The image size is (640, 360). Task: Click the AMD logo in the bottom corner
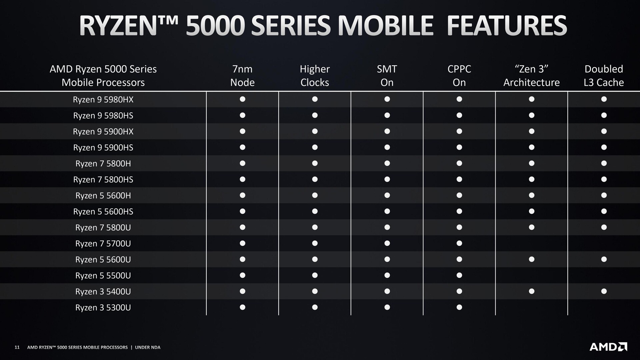click(x=608, y=347)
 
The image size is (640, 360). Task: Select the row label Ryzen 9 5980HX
click(x=103, y=99)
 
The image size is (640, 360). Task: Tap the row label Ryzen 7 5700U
click(x=103, y=243)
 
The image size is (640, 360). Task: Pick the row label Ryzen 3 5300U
click(x=103, y=307)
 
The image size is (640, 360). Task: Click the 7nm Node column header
click(x=242, y=75)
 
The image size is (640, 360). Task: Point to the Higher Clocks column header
click(x=315, y=75)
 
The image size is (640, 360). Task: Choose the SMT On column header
click(x=387, y=75)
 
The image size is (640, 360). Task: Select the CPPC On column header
click(x=459, y=75)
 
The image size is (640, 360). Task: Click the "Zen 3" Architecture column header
click(x=532, y=75)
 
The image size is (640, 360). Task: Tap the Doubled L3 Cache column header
click(x=604, y=75)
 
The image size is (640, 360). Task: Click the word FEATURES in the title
click(x=507, y=26)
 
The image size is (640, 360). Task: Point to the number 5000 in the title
click(x=215, y=26)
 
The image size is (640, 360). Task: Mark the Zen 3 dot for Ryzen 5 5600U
click(x=532, y=259)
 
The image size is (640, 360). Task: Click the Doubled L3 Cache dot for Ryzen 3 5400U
click(x=604, y=291)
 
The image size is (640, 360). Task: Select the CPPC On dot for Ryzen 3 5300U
click(x=459, y=307)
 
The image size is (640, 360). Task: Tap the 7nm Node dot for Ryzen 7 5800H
click(x=243, y=163)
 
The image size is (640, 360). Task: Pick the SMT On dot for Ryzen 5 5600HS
click(x=387, y=211)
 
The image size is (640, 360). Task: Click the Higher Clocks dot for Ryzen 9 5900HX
click(x=315, y=131)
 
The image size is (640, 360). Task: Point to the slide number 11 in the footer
click(x=17, y=347)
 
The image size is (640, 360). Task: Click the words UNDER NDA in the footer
click(x=148, y=347)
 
